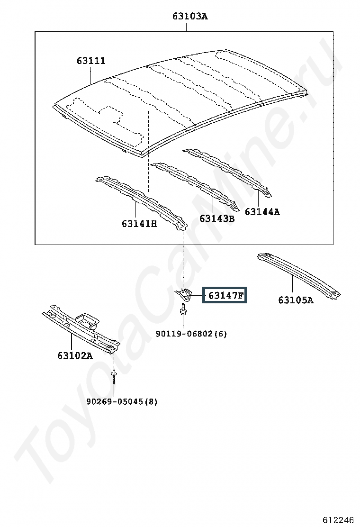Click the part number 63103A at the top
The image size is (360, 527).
click(x=190, y=17)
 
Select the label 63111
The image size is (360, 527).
click(x=91, y=61)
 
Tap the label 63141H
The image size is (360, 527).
click(x=139, y=223)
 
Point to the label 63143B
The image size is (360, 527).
click(x=216, y=218)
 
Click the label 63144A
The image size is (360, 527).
click(x=262, y=212)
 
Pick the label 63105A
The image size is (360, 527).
click(x=296, y=300)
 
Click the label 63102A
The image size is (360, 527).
click(x=75, y=355)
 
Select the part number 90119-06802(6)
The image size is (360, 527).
click(x=191, y=334)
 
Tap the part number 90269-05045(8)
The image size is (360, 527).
click(x=122, y=401)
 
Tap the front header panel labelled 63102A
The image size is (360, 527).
click(x=71, y=327)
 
